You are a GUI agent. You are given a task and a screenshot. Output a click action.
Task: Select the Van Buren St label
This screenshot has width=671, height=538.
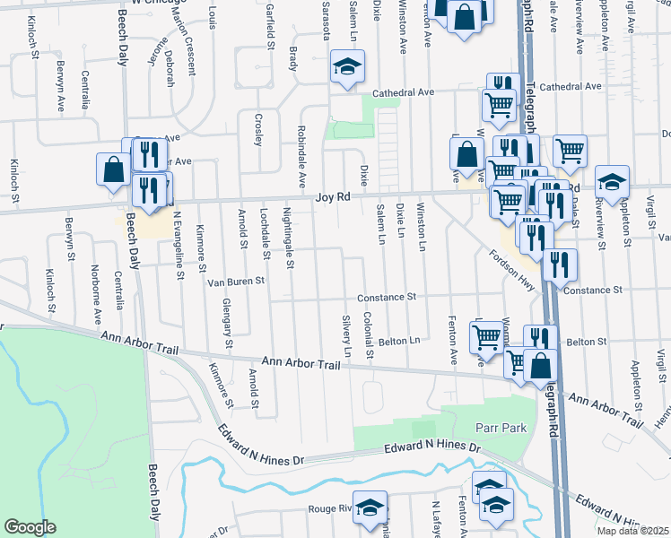236,281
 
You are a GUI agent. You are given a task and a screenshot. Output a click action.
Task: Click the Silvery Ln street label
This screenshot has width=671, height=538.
346,333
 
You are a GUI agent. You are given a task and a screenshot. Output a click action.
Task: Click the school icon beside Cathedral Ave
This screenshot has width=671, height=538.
346,66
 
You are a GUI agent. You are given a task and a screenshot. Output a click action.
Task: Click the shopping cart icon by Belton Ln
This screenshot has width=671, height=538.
486,337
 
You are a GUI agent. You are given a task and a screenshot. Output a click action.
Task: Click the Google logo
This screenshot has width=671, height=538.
30,527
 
